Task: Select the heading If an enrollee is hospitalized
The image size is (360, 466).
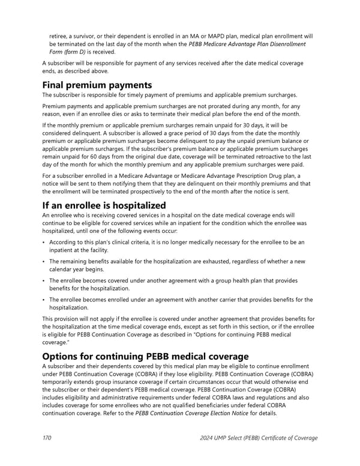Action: coord(104,205)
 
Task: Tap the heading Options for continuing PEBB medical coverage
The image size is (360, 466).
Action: coord(145,356)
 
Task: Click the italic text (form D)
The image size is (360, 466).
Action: coord(80,52)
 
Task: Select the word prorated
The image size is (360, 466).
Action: coord(215,106)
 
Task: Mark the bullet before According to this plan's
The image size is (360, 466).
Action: coord(44,243)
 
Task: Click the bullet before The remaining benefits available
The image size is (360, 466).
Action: coord(44,261)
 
